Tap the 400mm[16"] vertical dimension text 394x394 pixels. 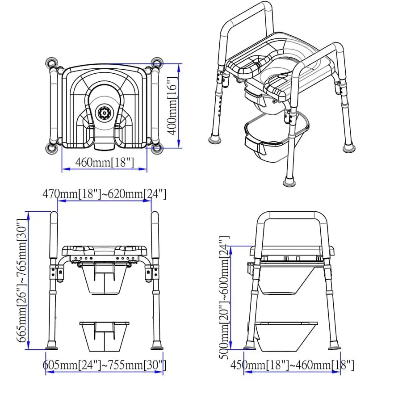[x=172, y=105]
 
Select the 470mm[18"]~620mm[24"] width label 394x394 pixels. [x=105, y=194]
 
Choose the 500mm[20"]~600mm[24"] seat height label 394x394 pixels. [x=223, y=296]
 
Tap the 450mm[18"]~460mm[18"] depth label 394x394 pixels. [x=292, y=365]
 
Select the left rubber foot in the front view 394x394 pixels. [x=52, y=345]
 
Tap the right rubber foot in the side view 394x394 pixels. [x=334, y=345]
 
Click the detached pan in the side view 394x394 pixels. [x=286, y=336]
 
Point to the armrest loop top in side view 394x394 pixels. [x=293, y=215]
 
